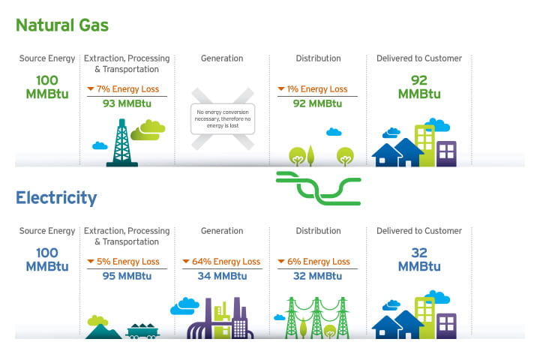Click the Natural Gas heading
(62, 25)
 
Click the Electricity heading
(56, 198)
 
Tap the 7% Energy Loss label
(127, 89)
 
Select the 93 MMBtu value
(127, 103)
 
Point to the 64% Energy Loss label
(222, 262)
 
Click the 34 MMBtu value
(222, 276)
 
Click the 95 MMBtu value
(127, 276)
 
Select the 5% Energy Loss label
(127, 262)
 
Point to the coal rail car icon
(142, 330)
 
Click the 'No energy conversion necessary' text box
(222, 118)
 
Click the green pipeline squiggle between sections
(318, 187)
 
